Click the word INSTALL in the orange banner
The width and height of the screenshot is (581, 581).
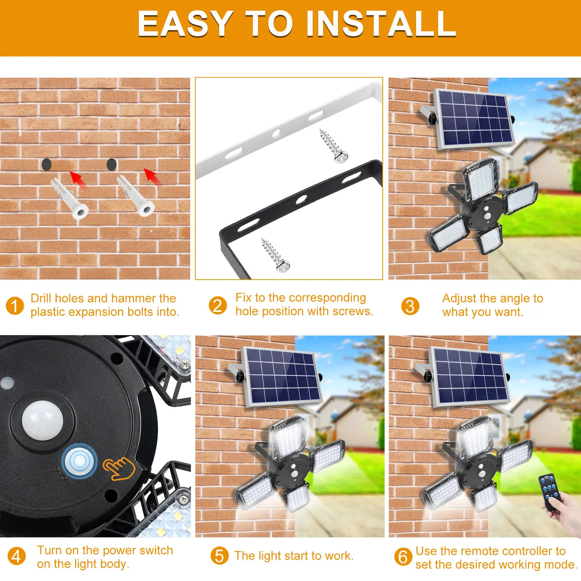tap(381, 24)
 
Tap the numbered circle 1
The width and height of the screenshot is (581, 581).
tap(15, 306)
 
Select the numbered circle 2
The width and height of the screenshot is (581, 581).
tap(218, 305)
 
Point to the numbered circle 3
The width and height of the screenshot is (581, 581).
tap(410, 306)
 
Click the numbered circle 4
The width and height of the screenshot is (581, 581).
tap(16, 556)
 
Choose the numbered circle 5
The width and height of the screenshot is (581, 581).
tap(219, 556)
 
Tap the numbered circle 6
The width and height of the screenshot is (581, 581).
tap(403, 557)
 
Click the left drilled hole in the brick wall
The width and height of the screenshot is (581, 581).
tap(46, 164)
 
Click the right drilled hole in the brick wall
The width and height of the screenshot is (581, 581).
tap(111, 164)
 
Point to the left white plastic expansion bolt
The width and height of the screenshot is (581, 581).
tap(70, 199)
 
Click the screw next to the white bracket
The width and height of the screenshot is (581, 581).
tap(333, 146)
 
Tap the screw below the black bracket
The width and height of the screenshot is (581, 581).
tap(275, 255)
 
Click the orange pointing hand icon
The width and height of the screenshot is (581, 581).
tap(118, 468)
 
